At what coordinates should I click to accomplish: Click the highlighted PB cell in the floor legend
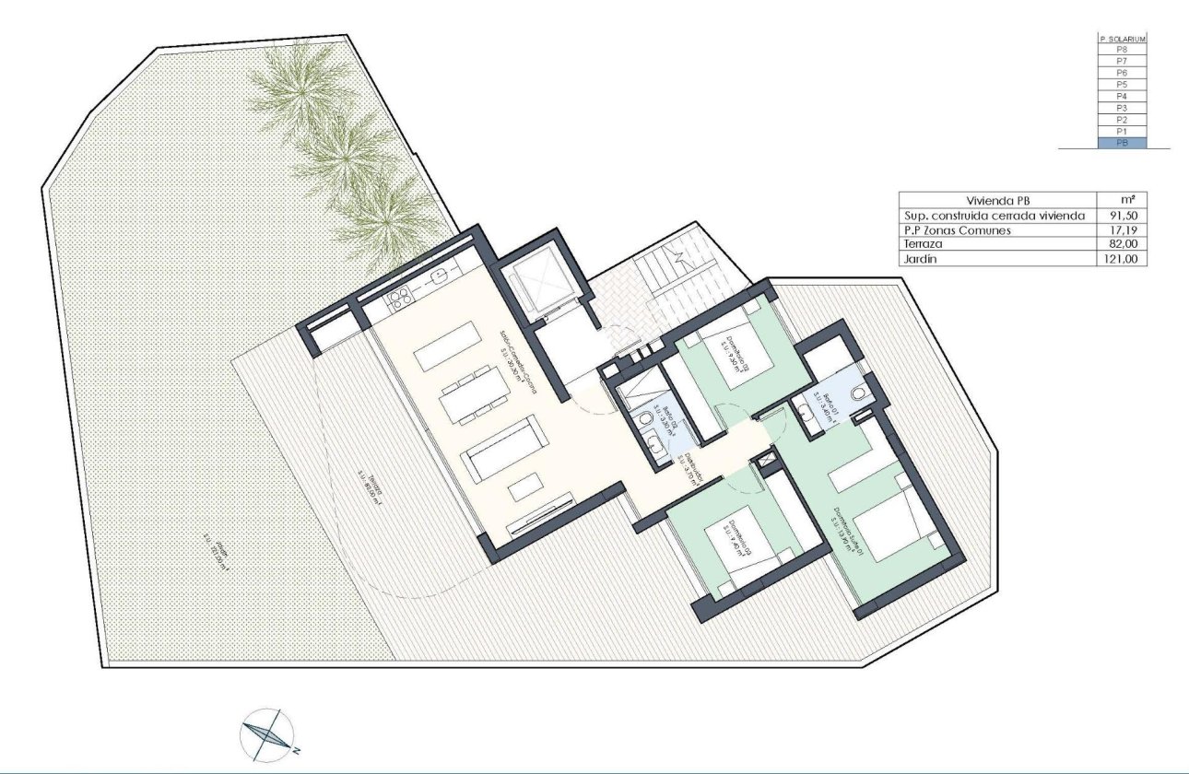pyautogui.click(x=1122, y=143)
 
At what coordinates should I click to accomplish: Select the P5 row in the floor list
pyautogui.click(x=1122, y=84)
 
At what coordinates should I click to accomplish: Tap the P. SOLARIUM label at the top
pyautogui.click(x=1122, y=40)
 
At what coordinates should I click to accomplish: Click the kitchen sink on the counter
pyautogui.click(x=438, y=275)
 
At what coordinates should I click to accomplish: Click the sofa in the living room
pyautogui.click(x=503, y=450)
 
